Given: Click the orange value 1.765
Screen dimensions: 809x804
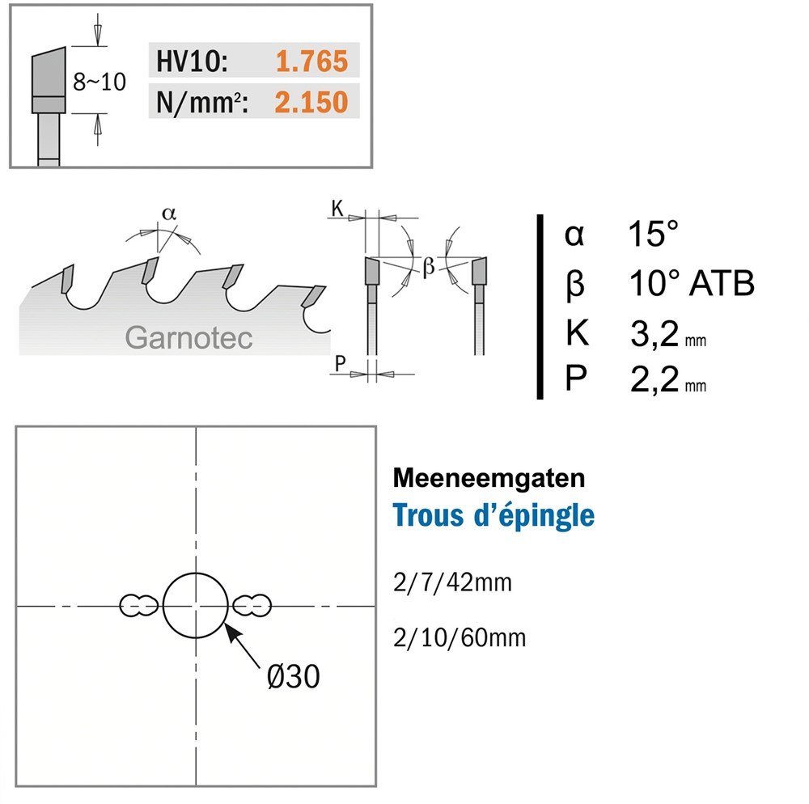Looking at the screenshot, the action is click(x=311, y=61).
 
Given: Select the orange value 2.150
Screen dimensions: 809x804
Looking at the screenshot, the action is click(x=311, y=102).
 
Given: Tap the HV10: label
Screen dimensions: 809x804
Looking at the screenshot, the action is click(x=192, y=61).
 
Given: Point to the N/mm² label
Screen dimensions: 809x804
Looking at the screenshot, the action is click(x=201, y=102).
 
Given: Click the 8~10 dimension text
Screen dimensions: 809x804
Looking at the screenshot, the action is click(x=99, y=82).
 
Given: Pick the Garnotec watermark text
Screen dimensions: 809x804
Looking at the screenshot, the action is click(x=188, y=338).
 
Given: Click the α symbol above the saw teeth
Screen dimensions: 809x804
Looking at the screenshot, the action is click(x=169, y=213).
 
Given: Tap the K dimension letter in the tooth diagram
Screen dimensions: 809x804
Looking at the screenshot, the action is click(x=337, y=209).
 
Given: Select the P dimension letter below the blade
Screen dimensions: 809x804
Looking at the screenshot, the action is click(x=340, y=363).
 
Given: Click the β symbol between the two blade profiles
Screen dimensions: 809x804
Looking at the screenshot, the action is click(x=429, y=267).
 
